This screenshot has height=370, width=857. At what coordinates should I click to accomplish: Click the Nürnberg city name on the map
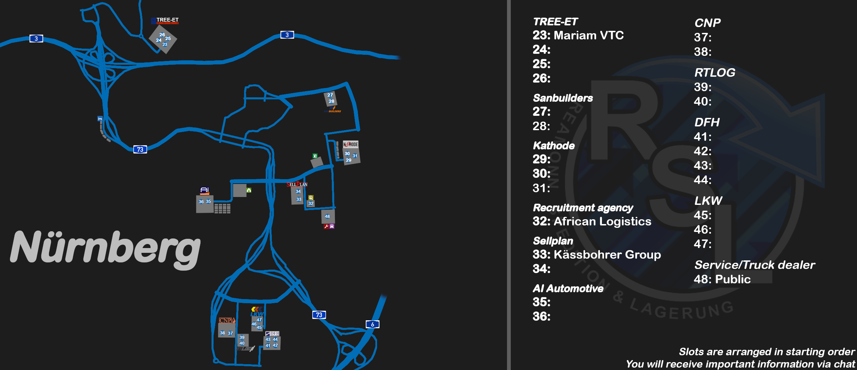click(x=105, y=247)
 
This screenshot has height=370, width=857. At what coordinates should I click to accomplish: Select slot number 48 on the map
click(x=327, y=217)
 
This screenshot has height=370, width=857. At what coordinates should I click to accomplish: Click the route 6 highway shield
click(x=373, y=324)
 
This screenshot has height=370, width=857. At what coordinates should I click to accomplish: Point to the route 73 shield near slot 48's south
click(x=319, y=315)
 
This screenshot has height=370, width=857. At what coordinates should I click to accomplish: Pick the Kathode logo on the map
click(x=350, y=144)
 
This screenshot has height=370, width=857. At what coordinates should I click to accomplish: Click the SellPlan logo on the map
click(x=297, y=184)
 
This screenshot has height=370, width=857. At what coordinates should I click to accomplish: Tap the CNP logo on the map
click(x=227, y=320)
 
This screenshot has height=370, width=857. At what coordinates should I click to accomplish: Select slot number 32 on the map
click(x=311, y=203)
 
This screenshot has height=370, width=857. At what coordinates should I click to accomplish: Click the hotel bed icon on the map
click(x=100, y=119)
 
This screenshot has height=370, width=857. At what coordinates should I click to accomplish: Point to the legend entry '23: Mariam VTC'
click(x=578, y=35)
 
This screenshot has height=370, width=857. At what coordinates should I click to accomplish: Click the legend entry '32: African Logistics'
click(x=592, y=221)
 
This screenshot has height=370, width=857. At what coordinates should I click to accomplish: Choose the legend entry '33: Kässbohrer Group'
click(x=596, y=255)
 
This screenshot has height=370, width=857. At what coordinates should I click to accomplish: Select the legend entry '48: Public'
click(x=722, y=279)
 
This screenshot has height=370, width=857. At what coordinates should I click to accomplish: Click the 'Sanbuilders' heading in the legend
click(x=563, y=98)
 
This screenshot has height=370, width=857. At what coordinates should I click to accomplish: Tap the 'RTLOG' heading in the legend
click(x=715, y=73)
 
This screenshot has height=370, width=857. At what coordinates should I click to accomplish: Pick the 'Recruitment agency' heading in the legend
click(x=583, y=208)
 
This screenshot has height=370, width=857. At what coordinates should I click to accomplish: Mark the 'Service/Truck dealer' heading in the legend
click(x=755, y=265)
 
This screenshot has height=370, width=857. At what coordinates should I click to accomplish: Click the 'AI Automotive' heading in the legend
click(x=568, y=288)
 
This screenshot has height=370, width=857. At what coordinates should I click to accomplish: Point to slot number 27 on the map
click(x=330, y=95)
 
